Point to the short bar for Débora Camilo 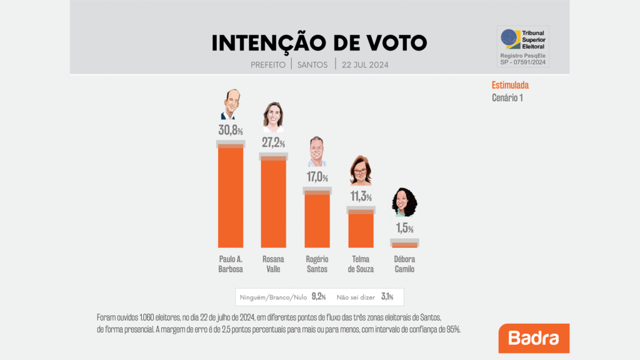click(404, 244)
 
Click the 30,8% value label click(230, 131)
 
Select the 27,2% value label click(273, 142)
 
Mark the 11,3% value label click(361, 197)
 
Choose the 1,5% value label click(404, 229)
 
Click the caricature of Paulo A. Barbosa click(231, 104)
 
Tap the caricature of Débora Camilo click(404, 202)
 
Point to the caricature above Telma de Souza click(361, 170)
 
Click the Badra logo click(534, 338)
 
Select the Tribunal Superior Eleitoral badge click(522, 46)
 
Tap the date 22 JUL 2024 click(366, 64)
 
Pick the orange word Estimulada click(510, 86)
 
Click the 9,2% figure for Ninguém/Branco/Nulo click(318, 296)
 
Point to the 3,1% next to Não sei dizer click(387, 296)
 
